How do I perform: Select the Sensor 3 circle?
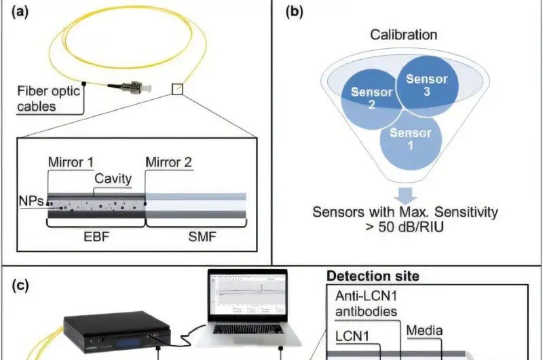[428, 86]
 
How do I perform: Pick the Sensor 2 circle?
[372, 99]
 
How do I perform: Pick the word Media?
[424, 331]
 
